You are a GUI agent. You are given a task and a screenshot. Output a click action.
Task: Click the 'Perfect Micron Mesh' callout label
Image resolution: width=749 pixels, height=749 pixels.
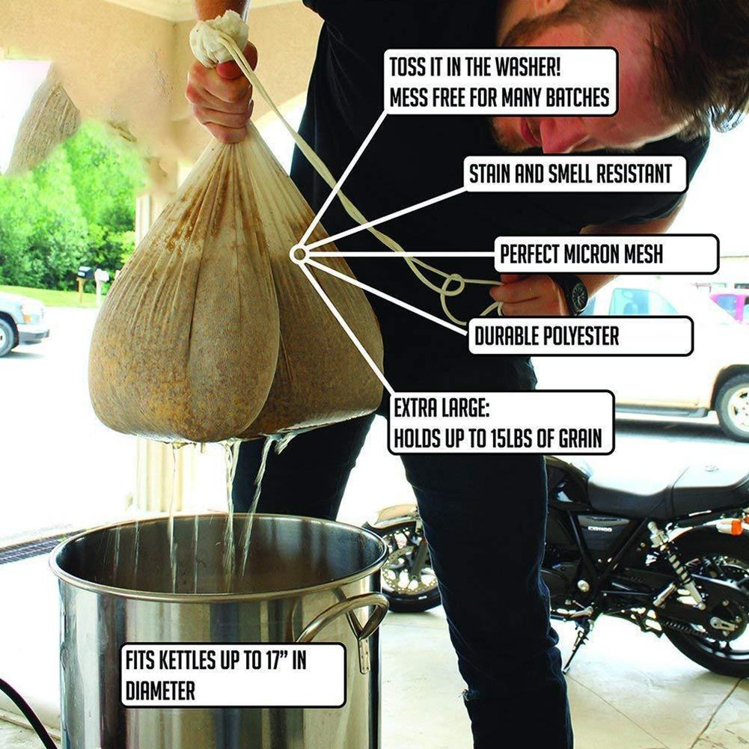pos(607,254)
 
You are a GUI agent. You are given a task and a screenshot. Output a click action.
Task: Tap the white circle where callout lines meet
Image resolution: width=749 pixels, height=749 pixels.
pos(299,254)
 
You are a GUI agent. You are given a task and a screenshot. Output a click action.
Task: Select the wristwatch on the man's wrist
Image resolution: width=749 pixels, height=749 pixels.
pos(576,293)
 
